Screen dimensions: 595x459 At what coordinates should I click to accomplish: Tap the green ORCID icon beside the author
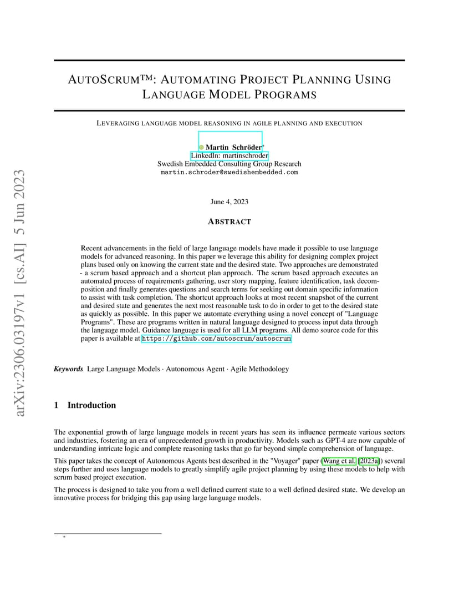point(201,147)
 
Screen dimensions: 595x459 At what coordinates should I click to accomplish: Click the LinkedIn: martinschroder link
point(229,156)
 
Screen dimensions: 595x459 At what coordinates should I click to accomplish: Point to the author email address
point(229,172)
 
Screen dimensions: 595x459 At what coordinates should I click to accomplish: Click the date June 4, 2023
point(229,202)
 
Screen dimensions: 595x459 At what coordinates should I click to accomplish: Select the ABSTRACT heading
point(229,221)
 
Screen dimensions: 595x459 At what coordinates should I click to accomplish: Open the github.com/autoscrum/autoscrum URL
point(216,338)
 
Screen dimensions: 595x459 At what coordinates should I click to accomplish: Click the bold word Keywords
point(68,369)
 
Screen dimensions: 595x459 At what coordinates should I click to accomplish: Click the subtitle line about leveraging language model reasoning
point(229,123)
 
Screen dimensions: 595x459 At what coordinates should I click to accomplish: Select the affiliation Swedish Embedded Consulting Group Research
point(229,164)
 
